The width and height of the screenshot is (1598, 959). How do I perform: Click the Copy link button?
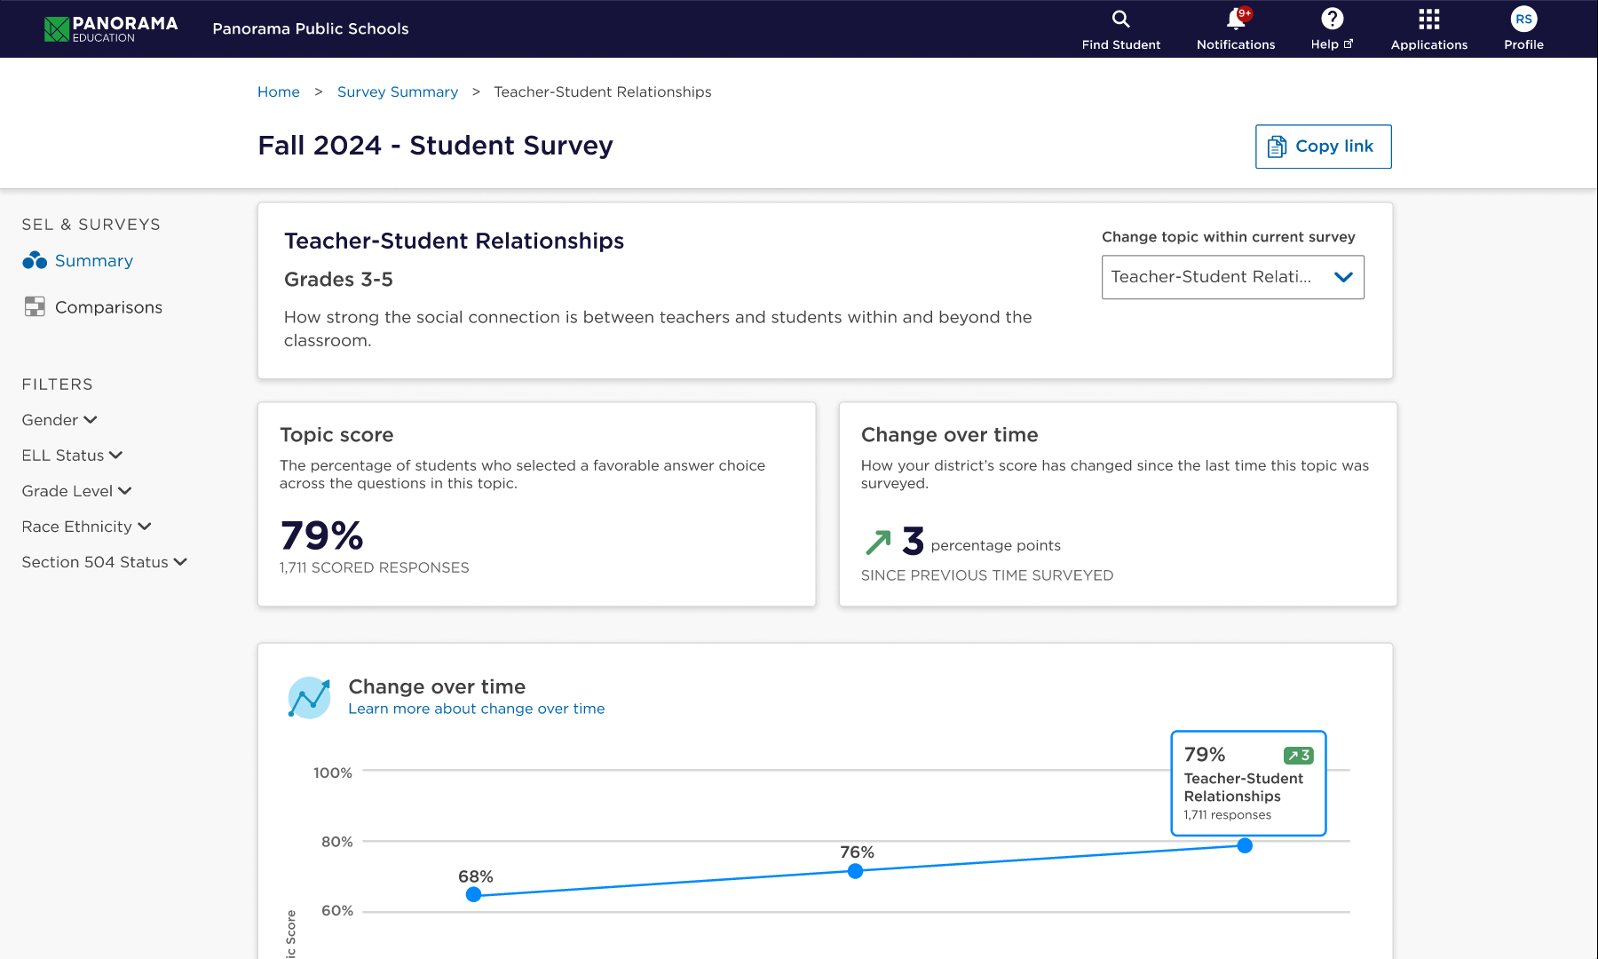coord(1323,147)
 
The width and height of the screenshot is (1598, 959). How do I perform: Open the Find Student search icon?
coord(1120,20)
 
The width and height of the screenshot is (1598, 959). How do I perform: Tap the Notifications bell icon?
coord(1235,20)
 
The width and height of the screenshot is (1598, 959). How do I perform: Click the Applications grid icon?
coord(1428,20)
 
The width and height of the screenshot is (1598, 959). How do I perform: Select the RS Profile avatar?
coord(1523,20)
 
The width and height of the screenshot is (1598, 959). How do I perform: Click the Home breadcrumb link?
coord(278,92)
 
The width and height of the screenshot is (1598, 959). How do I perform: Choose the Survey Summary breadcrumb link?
coord(397,92)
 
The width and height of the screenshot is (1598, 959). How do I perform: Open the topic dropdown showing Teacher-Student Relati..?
coord(1232,277)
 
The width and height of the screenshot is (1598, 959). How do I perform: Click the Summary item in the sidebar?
coord(93,261)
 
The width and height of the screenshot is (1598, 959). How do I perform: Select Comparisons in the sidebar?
coord(107,307)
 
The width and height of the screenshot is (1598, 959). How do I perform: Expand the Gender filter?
coord(59,420)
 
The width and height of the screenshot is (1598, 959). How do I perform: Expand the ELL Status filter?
coord(72,456)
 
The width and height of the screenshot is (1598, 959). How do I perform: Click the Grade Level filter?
coord(76,491)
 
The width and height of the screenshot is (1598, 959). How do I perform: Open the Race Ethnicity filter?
coord(86,527)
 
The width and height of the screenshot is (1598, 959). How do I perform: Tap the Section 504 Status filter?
coord(104,562)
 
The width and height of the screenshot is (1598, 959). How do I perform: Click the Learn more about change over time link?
coord(476,709)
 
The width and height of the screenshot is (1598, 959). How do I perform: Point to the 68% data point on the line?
coord(474,894)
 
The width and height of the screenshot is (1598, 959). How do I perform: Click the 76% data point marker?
coord(855,871)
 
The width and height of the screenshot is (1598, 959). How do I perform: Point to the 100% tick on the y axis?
coord(333,773)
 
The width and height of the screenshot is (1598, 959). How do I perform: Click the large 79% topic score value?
coord(321,535)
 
